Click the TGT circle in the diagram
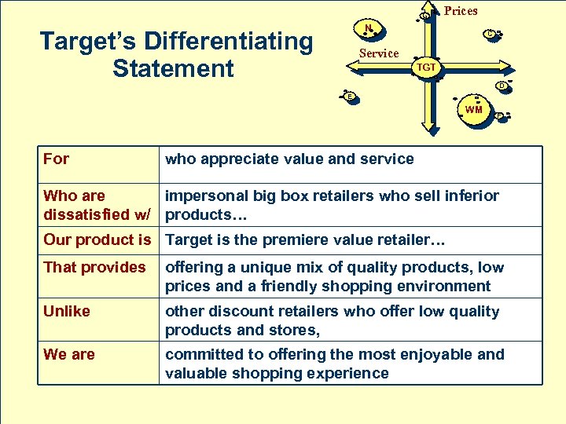point(426,68)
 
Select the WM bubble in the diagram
point(473,109)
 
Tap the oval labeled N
point(368,29)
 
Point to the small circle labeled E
point(351,97)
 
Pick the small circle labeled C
point(489,34)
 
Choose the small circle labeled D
point(500,85)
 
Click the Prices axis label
point(461,11)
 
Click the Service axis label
point(379,53)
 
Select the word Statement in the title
point(173,68)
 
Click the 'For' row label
point(56,159)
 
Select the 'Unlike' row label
point(67,311)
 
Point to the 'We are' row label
point(69,354)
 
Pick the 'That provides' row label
point(94,267)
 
